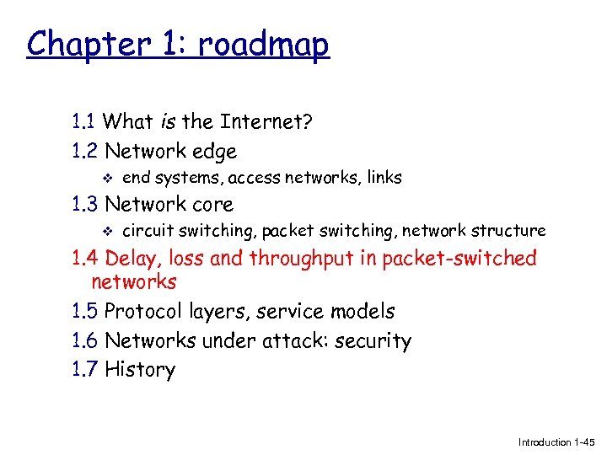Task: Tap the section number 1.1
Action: click(x=85, y=122)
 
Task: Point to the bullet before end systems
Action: click(x=103, y=178)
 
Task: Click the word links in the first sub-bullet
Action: click(x=383, y=178)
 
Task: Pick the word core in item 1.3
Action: click(x=212, y=204)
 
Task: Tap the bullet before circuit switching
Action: click(x=103, y=230)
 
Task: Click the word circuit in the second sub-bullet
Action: click(x=146, y=230)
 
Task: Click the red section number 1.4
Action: click(x=85, y=258)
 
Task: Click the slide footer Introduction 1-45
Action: click(x=556, y=442)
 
